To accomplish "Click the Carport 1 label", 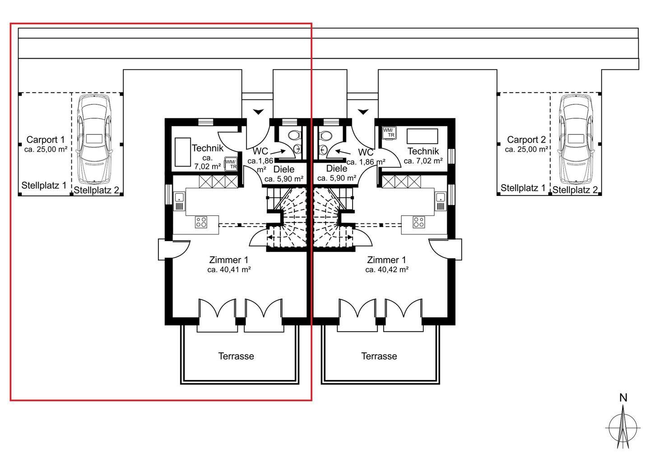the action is (x=46, y=139).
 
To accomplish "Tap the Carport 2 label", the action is (x=526, y=139).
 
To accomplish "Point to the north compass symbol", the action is (x=623, y=427).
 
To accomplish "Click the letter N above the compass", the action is (x=623, y=398).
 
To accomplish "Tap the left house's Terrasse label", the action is (x=236, y=356).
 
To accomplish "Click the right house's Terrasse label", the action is (x=379, y=356).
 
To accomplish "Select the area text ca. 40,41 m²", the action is (x=229, y=269).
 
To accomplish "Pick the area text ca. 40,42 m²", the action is (x=387, y=269).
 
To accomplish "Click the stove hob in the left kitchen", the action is (x=201, y=222).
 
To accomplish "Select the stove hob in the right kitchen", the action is (x=419, y=222).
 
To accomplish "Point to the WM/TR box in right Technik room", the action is (x=389, y=133).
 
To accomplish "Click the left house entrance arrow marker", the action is (x=258, y=112).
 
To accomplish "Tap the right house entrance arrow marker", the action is (x=363, y=112).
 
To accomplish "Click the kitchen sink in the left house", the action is (x=179, y=197).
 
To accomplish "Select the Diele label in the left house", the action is (x=284, y=169).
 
